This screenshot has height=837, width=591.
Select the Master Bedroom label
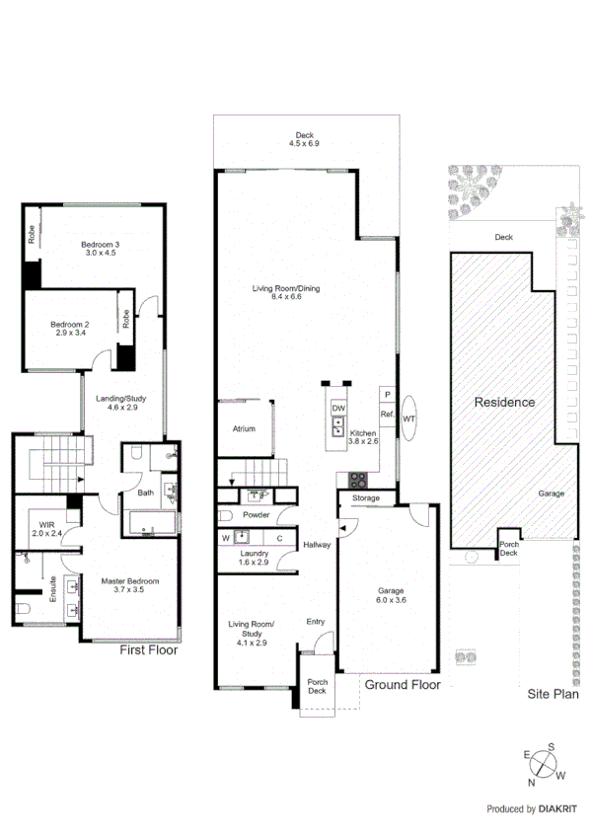coord(129,586)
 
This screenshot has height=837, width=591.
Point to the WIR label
coord(46,529)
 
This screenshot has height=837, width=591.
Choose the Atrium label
coord(244,429)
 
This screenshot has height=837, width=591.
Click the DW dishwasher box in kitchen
coord(337,409)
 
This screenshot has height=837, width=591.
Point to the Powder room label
coord(257,515)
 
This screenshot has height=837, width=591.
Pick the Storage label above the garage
coord(366,498)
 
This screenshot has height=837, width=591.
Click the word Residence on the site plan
coord(504,402)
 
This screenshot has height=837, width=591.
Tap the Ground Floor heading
coord(402,684)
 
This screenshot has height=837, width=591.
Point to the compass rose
coord(545,766)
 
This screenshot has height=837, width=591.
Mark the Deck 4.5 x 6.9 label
coord(305,139)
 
